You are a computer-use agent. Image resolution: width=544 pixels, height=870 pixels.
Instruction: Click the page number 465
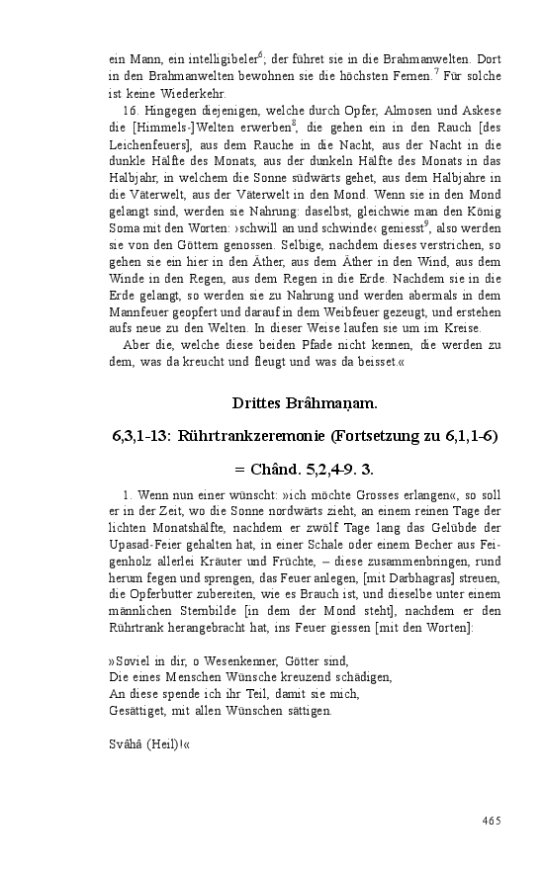[492, 820]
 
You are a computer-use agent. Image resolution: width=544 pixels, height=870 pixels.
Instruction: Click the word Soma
[125, 225]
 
